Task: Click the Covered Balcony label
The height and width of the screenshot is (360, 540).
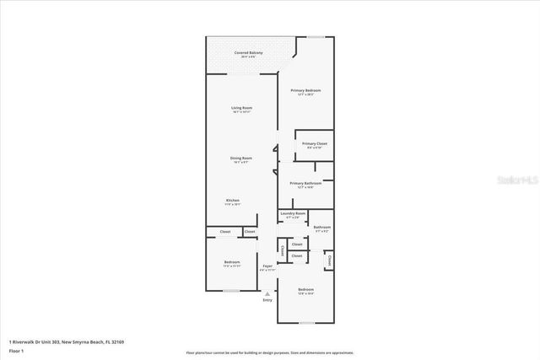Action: pyautogui.click(x=248, y=52)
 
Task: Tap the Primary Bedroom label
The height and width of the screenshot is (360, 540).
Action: pyautogui.click(x=305, y=90)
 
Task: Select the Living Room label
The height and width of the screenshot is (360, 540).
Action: pyautogui.click(x=242, y=108)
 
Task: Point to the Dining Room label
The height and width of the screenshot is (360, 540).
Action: pyautogui.click(x=242, y=158)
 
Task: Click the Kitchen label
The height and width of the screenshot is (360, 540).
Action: pyautogui.click(x=232, y=200)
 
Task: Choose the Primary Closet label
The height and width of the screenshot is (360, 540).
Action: pyautogui.click(x=315, y=144)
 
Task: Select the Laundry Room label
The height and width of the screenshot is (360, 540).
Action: pyautogui.click(x=294, y=213)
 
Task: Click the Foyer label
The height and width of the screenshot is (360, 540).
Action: pyautogui.click(x=267, y=266)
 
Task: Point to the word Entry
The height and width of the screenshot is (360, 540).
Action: pyautogui.click(x=267, y=300)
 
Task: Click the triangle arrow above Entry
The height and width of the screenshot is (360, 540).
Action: pyautogui.click(x=267, y=293)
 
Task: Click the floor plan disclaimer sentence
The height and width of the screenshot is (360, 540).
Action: pyautogui.click(x=270, y=352)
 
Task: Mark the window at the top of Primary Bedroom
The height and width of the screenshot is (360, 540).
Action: pyautogui.click(x=316, y=36)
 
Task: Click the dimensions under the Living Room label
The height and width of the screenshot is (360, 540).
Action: pyautogui.click(x=242, y=112)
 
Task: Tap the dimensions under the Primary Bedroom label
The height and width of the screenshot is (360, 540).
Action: pyautogui.click(x=305, y=94)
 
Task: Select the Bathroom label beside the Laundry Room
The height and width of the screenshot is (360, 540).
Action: pyautogui.click(x=321, y=226)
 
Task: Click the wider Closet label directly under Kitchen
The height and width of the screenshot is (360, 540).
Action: pyautogui.click(x=225, y=232)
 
